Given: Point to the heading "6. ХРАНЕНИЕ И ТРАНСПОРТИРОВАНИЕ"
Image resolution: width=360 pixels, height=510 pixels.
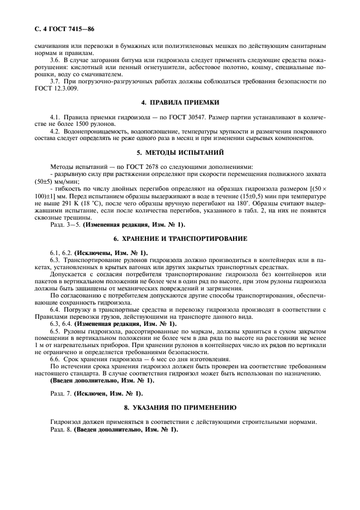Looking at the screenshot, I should click(180, 239).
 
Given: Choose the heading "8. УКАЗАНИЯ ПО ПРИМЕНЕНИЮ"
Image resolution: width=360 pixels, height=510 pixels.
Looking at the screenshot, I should click(180, 407).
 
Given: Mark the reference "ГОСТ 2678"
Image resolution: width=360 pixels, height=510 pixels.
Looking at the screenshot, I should click(133, 166).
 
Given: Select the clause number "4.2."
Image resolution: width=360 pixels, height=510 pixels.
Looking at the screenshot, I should click(55, 131).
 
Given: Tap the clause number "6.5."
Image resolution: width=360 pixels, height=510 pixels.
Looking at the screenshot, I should click(55, 331).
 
